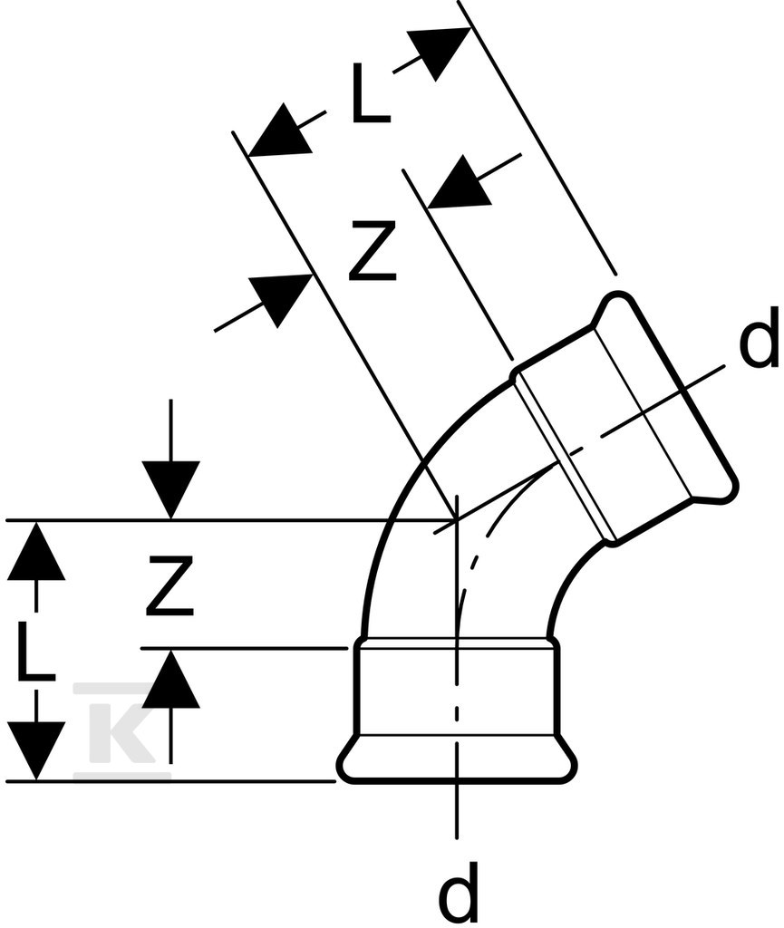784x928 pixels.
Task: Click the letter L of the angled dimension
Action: coord(371,93)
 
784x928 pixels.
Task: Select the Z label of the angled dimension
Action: coord(372,250)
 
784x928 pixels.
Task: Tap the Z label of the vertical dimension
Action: coord(169,585)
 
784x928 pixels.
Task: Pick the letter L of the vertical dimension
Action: coord(35,650)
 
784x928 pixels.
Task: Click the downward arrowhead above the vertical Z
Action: coord(171,489)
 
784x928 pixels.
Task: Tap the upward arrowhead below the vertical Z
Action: coord(171,678)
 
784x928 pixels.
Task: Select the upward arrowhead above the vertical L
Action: coord(36,550)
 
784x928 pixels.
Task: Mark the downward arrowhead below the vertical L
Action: coord(36,750)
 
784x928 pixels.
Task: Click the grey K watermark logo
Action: coord(121,723)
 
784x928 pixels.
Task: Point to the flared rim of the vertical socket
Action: coord(456,759)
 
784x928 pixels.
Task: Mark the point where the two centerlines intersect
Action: coord(456,519)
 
